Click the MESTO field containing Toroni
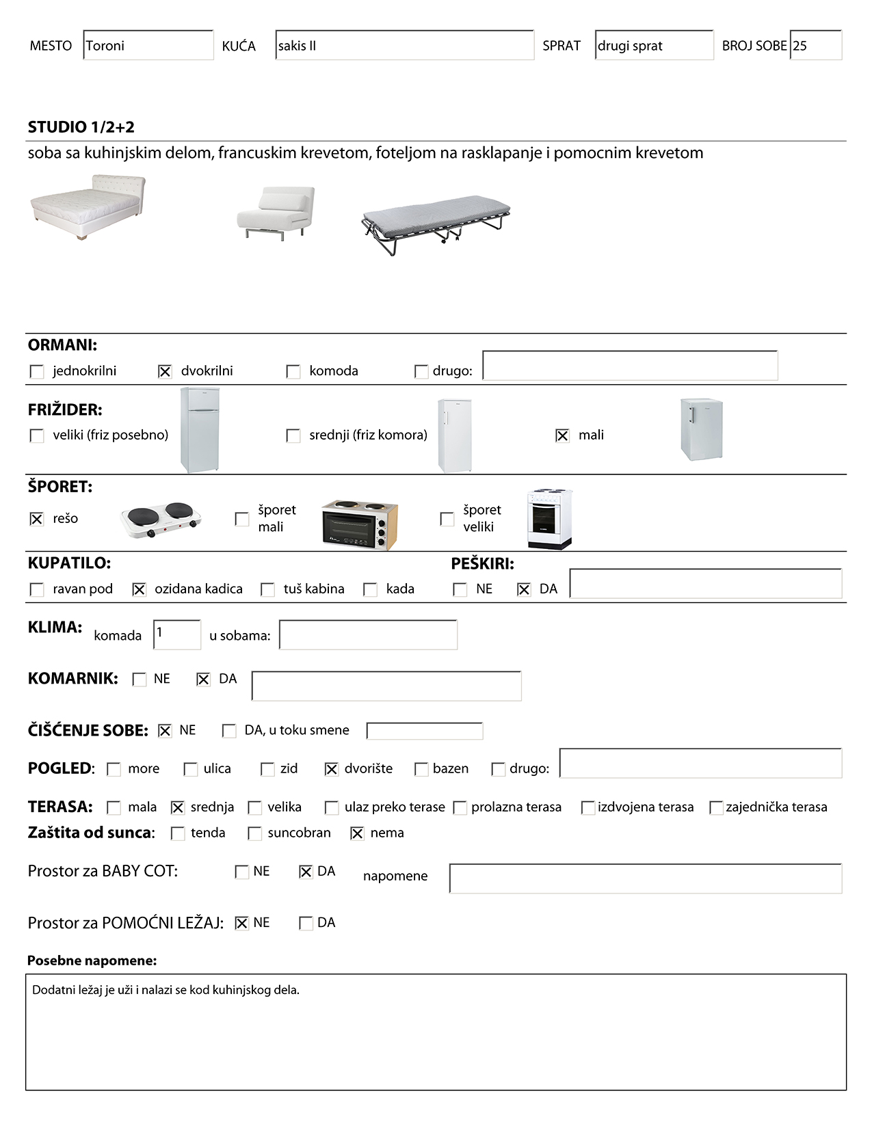[148, 45]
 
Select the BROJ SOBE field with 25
[815, 45]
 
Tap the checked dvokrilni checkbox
[165, 371]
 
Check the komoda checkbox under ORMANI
[293, 371]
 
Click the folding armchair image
[276, 213]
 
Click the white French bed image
[88, 206]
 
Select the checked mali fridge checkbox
[562, 435]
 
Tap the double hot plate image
[161, 520]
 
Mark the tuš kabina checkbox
[268, 589]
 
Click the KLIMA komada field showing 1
[177, 634]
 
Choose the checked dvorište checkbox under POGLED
[332, 769]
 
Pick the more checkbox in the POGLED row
[114, 769]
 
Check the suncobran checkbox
[255, 833]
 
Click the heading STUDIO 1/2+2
[81, 127]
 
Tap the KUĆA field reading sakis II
[404, 45]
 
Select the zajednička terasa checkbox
[716, 807]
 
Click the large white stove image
[549, 519]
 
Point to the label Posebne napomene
[92, 961]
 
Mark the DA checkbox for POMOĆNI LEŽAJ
[306, 924]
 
